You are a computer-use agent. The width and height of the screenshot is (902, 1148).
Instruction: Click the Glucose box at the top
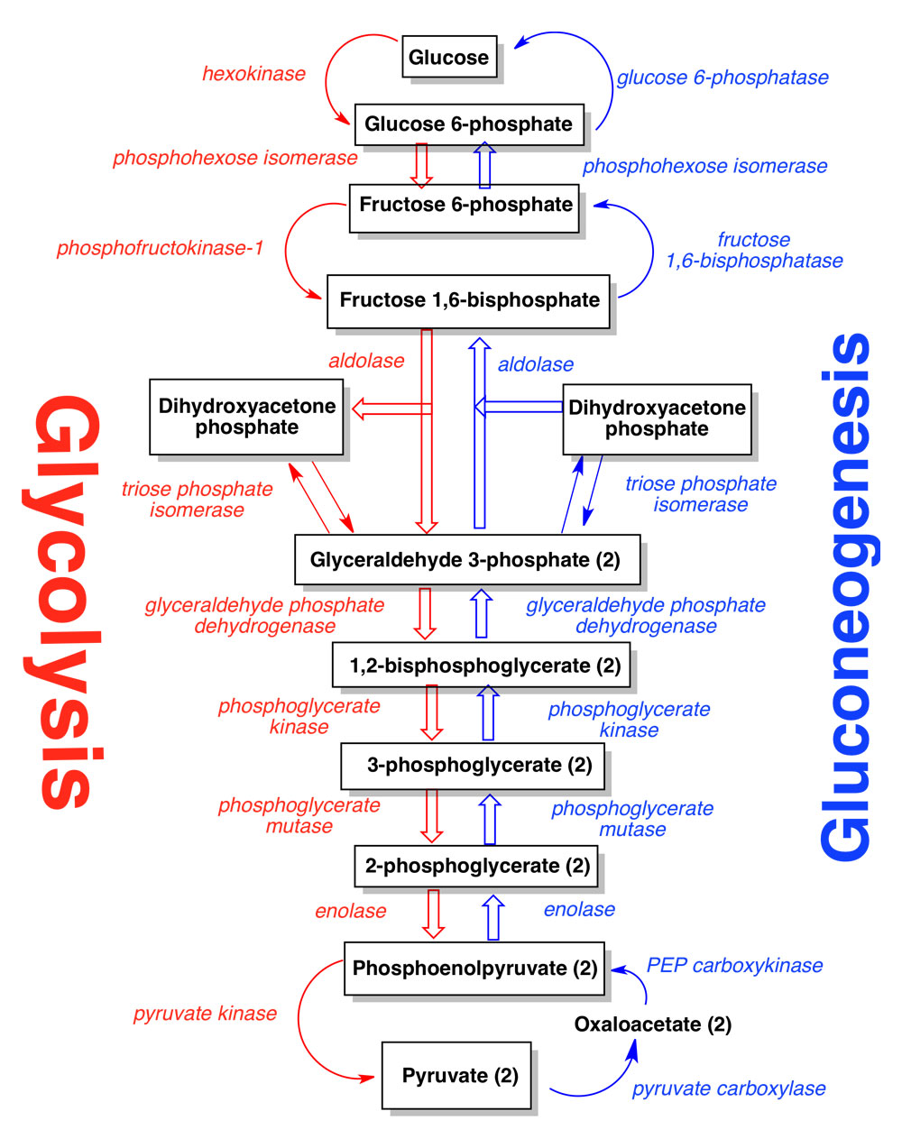coord(449,57)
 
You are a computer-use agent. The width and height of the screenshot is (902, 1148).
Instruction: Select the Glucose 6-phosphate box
coord(468,124)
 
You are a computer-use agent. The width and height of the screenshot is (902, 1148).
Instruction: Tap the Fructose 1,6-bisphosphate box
coord(468,300)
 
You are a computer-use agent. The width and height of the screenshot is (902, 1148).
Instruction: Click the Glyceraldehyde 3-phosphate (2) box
coord(466,559)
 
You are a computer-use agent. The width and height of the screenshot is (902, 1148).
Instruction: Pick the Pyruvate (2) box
coord(456,1075)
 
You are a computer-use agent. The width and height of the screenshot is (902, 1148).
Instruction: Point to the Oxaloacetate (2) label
coord(652,1024)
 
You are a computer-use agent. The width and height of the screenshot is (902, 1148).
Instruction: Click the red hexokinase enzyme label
coord(253,74)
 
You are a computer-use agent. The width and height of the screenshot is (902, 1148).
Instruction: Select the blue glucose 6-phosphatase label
coord(722,78)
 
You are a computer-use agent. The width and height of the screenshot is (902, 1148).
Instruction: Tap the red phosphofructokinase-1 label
coord(160,248)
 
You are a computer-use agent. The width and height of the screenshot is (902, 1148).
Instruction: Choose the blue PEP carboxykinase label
coord(734,966)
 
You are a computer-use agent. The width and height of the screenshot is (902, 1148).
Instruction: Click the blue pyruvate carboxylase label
coord(728,1088)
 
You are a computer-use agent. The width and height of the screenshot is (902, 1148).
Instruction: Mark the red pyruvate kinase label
coord(205,1014)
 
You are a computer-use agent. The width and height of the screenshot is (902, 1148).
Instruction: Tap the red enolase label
coord(350,912)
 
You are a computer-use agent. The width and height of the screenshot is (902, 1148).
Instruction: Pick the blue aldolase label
coord(535,364)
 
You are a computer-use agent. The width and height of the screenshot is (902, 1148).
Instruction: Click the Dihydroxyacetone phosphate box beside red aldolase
coord(246,417)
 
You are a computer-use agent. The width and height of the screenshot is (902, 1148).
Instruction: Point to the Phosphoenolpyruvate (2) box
coord(474,969)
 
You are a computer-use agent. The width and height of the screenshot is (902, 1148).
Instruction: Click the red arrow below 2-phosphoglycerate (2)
coord(434,914)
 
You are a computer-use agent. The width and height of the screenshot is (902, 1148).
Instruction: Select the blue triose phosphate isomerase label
coord(700,494)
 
